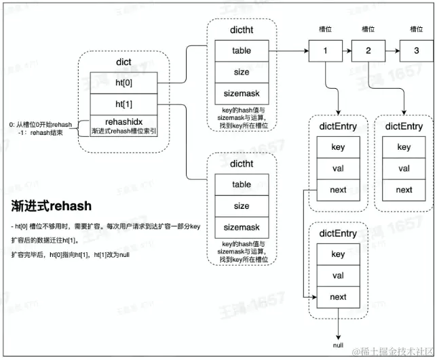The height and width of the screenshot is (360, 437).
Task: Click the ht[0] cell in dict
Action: [x=123, y=82]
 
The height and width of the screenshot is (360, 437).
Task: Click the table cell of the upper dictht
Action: [x=241, y=51]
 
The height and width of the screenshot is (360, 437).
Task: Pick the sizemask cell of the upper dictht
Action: [x=241, y=93]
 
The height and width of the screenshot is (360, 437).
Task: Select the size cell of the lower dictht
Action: [x=241, y=205]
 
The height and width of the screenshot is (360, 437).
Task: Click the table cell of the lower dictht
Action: [x=241, y=184]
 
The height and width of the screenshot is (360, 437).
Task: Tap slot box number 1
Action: [x=326, y=51]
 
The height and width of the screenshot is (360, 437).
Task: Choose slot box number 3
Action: [x=416, y=51]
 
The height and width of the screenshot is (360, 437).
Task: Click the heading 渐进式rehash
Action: [x=51, y=205]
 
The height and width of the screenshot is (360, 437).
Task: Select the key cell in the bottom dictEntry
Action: [x=338, y=254]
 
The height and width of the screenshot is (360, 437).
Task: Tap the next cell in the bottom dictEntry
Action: [x=338, y=297]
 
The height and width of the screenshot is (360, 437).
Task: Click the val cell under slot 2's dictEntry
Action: [x=404, y=169]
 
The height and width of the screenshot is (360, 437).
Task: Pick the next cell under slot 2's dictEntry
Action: [x=404, y=190]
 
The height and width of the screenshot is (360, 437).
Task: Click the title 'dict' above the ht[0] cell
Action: [x=123, y=62]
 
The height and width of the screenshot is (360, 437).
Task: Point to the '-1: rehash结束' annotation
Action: [x=43, y=132]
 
